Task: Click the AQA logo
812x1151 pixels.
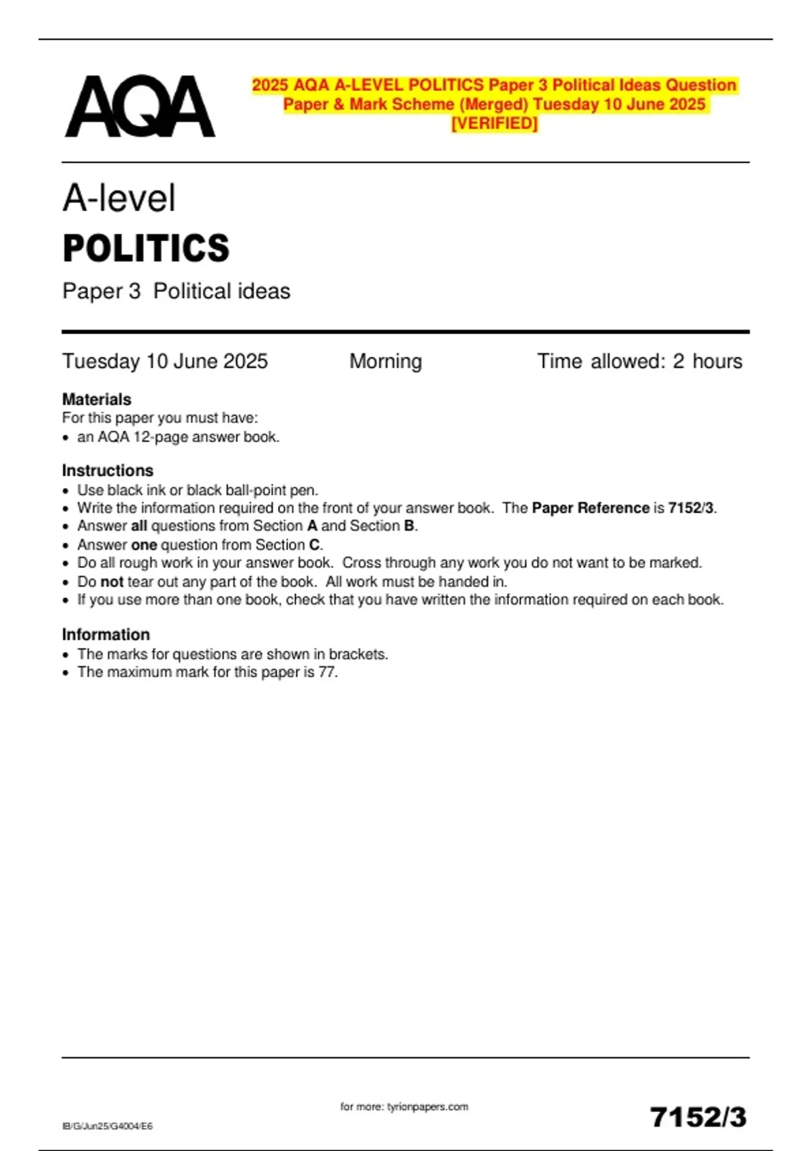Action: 140,106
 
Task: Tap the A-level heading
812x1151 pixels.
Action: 119,198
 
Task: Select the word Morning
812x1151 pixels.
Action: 386,362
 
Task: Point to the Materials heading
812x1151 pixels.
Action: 97,399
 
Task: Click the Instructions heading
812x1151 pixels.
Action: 108,471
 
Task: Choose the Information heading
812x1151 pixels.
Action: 106,635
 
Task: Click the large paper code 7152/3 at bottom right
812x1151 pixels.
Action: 698,1117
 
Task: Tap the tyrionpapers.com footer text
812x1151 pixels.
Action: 404,1107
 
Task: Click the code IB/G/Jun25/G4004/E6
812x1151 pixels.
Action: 108,1126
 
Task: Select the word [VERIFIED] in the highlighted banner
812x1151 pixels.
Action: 495,123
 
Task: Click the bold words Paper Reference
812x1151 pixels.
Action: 591,508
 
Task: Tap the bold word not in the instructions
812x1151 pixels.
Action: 112,582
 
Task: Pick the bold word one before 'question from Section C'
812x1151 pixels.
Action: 144,545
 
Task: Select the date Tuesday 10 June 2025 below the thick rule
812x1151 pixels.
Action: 165,362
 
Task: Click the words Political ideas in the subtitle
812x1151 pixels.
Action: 221,291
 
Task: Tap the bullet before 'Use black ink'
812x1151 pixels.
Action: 66,490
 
